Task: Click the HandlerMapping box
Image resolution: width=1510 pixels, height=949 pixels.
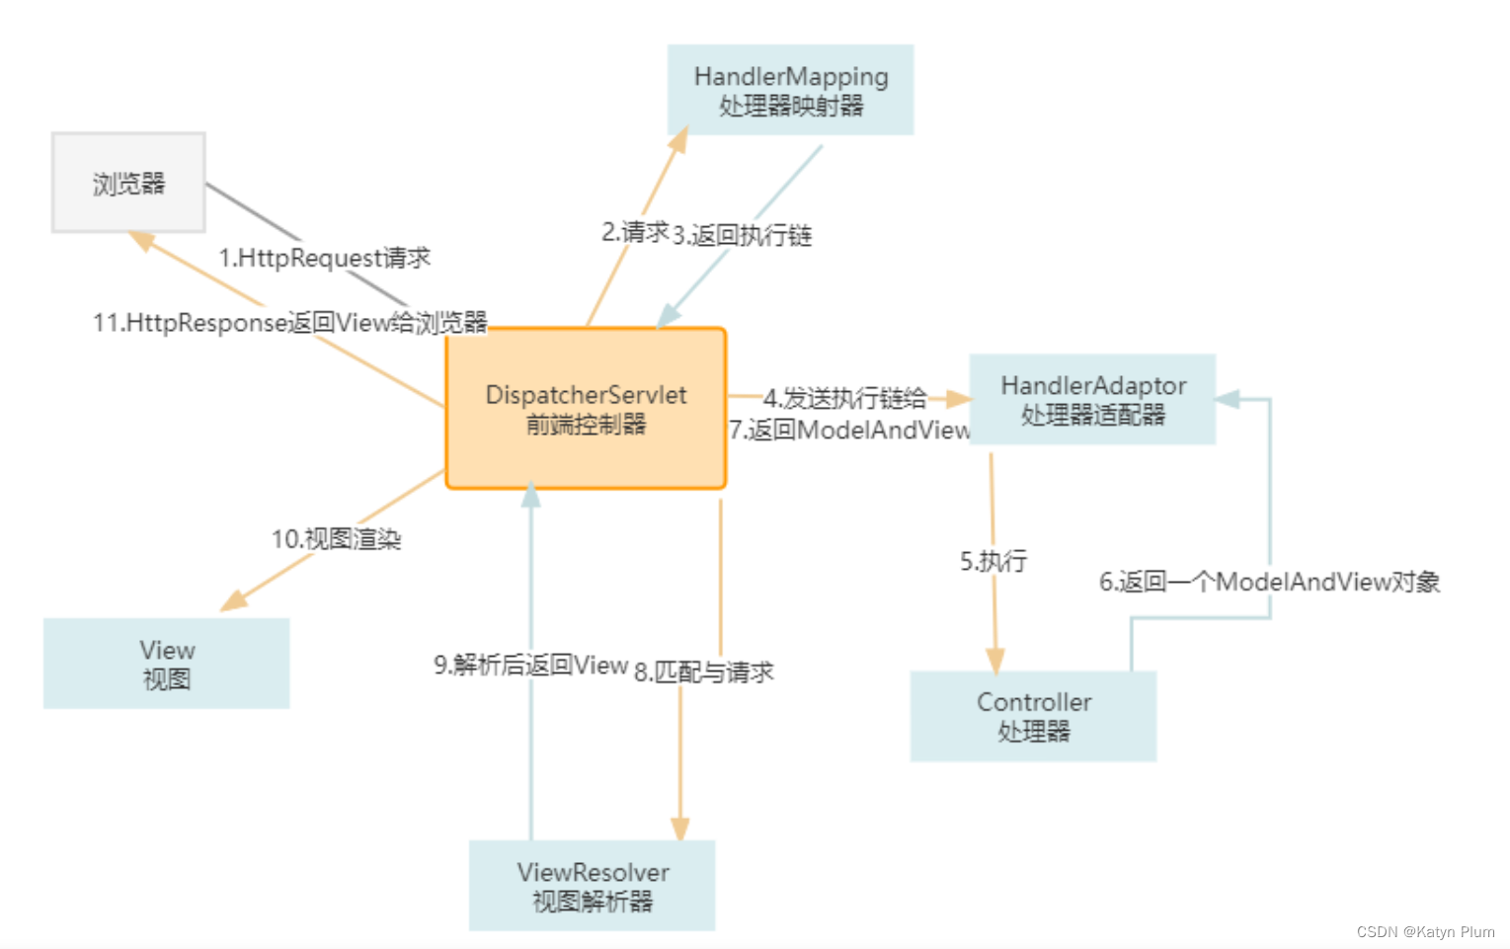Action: pyautogui.click(x=790, y=90)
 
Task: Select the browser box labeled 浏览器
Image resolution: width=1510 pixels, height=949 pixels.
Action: pyautogui.click(x=128, y=183)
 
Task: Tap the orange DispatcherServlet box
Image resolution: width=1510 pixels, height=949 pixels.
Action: pyautogui.click(x=586, y=409)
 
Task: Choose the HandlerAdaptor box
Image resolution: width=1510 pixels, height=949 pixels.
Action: pyautogui.click(x=1092, y=399)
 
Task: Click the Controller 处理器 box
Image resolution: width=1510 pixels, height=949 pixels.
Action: pyautogui.click(x=1033, y=716)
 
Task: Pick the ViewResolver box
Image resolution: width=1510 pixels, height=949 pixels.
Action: pyautogui.click(x=592, y=886)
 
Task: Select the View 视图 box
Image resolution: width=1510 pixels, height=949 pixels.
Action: pyautogui.click(x=166, y=664)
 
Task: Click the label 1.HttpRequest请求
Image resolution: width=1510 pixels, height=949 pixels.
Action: pyautogui.click(x=324, y=258)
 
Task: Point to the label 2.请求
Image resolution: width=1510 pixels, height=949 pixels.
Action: pyautogui.click(x=635, y=232)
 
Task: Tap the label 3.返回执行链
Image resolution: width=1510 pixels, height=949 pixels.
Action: pyautogui.click(x=742, y=235)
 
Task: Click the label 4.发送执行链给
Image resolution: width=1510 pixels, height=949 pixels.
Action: pyautogui.click(x=844, y=398)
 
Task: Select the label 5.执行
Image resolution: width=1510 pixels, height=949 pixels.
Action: pyautogui.click(x=993, y=561)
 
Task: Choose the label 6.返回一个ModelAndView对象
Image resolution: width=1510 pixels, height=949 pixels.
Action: pyautogui.click(x=1269, y=582)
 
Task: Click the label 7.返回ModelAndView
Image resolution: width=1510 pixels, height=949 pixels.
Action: pyautogui.click(x=849, y=431)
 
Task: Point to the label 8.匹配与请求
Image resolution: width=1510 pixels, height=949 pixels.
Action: pyautogui.click(x=703, y=672)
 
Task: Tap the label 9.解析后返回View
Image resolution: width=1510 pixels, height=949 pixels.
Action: pyautogui.click(x=530, y=665)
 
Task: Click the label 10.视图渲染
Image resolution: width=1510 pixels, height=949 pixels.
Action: pyautogui.click(x=336, y=539)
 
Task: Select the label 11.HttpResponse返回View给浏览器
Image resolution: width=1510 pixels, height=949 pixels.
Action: pyautogui.click(x=289, y=323)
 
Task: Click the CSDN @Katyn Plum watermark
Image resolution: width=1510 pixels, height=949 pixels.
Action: pyautogui.click(x=1425, y=931)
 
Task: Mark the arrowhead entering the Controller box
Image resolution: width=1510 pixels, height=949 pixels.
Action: pyautogui.click(x=994, y=660)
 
